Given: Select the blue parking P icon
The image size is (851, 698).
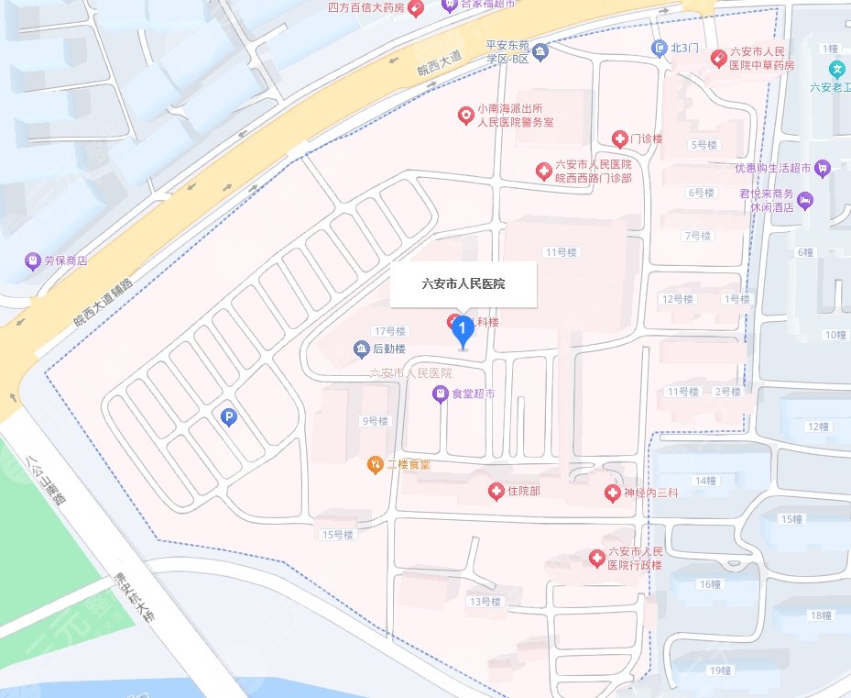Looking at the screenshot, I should click(229, 418).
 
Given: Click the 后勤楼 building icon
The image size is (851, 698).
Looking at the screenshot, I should click(361, 349).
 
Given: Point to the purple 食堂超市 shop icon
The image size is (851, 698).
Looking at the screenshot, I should click(440, 393).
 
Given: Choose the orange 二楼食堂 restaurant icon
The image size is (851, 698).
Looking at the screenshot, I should click(374, 465).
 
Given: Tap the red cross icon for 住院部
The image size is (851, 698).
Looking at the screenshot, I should click(496, 492).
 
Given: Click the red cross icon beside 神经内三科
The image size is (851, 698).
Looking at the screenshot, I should click(613, 494).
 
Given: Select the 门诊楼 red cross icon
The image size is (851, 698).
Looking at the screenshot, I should click(620, 138).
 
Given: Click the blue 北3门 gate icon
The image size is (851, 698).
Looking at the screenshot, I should click(659, 48).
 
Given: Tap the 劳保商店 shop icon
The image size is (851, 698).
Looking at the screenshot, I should click(34, 261).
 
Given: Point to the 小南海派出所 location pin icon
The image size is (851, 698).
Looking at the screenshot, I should click(465, 115).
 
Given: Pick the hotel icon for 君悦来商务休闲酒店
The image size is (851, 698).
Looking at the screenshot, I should click(804, 200).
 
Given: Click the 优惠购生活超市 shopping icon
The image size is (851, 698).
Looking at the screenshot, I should click(823, 168).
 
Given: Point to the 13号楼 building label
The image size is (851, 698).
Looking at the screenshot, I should click(486, 602).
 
